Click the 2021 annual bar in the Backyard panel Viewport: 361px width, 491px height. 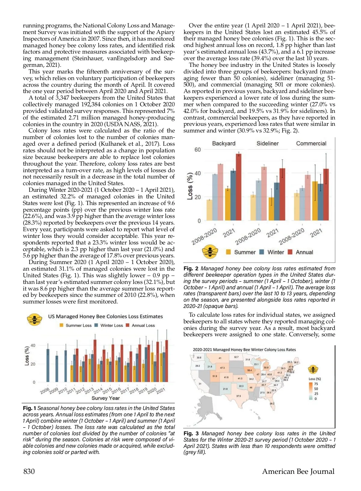click(x=239, y=187)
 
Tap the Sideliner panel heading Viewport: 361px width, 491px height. click(x=267, y=144)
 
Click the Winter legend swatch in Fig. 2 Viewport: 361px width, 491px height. click(x=262, y=252)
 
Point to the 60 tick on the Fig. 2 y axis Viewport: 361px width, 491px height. click(x=197, y=150)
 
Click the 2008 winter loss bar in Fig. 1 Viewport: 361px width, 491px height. click(x=48, y=365)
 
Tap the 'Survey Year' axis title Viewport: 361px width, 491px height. click(x=106, y=398)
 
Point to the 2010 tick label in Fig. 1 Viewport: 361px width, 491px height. click(x=63, y=391)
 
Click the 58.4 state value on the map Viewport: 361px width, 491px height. click(x=249, y=370)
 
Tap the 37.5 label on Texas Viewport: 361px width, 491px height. click(x=238, y=396)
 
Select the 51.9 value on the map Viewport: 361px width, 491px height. click(x=215, y=376)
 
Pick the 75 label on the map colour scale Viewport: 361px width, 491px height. click(x=316, y=384)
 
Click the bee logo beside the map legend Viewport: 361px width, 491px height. click(x=313, y=369)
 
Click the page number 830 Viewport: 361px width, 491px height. click(x=29, y=471)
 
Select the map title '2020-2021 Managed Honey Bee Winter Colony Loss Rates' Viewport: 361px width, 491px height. click(x=244, y=350)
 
